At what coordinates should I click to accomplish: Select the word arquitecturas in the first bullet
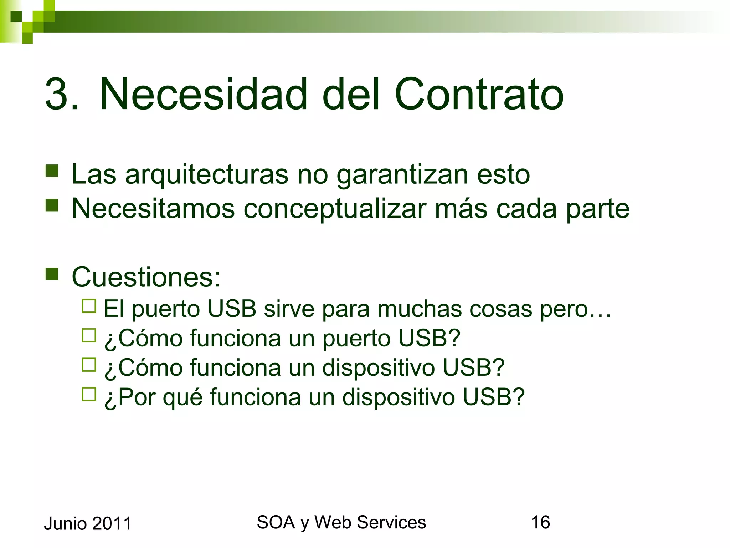coord(206,175)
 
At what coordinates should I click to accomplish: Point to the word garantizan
coord(402,175)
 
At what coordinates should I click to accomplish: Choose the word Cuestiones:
coord(146,277)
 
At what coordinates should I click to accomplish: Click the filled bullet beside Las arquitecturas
coord(52,171)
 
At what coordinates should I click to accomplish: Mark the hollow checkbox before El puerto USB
coord(89,306)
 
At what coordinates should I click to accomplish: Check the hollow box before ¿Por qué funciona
coord(89,394)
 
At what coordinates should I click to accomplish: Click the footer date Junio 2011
coord(88,524)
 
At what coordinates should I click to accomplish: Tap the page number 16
coord(540,522)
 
